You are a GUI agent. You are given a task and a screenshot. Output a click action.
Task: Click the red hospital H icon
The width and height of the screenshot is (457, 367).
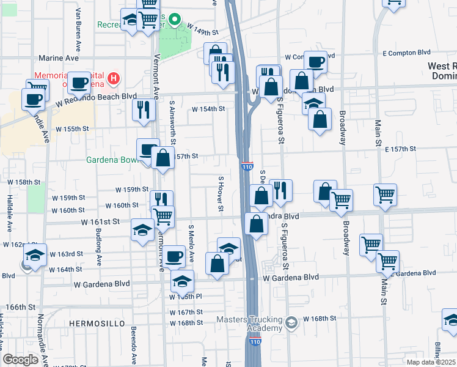coord(113,78)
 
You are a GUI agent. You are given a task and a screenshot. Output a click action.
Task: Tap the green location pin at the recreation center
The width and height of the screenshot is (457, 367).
coord(174,20)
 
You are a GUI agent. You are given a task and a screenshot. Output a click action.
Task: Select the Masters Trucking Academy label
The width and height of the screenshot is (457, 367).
coord(250,324)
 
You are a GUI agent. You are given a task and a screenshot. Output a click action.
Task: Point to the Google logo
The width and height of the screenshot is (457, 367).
coord(20,360)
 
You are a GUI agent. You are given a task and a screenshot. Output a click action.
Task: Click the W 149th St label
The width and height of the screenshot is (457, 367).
coord(202,30)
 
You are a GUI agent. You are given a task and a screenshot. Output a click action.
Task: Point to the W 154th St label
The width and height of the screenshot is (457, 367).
coord(209,109)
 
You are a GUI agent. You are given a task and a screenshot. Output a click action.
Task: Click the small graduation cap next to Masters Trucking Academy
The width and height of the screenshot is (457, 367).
coord(292,321)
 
